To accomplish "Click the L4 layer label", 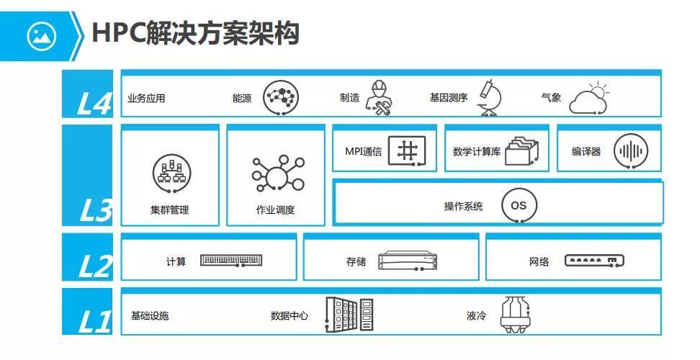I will [94, 103].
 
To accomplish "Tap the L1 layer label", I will [94, 321].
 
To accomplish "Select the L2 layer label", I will [94, 266].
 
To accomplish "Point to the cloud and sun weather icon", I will [588, 99].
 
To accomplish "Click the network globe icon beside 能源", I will [280, 97].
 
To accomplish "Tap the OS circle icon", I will [519, 205].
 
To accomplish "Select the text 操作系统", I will [463, 207].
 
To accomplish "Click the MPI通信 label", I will [363, 152].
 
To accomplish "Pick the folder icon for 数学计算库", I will [521, 152].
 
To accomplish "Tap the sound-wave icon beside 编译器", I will [631, 152].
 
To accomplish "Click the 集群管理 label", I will [169, 210].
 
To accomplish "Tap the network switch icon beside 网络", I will [594, 261].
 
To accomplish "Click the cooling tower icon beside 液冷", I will [516, 315].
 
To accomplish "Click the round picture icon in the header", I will [42, 35].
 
